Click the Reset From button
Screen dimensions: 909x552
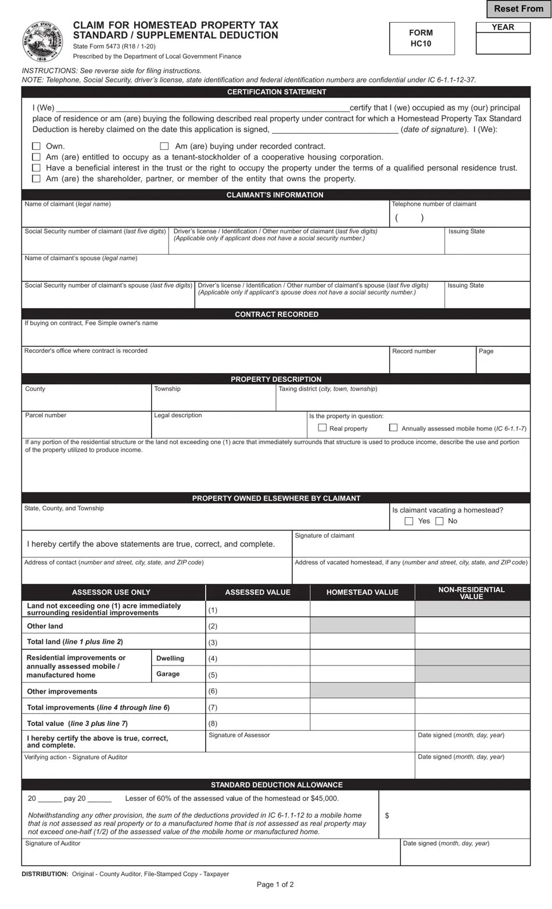pyautogui.click(x=518, y=9)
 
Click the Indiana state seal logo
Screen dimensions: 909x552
pyautogui.click(x=42, y=42)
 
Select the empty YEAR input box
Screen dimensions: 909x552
pyautogui.click(x=503, y=43)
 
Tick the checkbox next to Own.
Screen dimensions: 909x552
pyautogui.click(x=36, y=146)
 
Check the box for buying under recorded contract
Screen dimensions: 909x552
pyautogui.click(x=164, y=146)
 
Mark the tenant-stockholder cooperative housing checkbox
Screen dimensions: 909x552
pyautogui.click(x=36, y=157)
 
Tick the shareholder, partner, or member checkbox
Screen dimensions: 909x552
pyautogui.click(x=36, y=179)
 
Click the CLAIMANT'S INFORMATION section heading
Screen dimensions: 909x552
pyautogui.click(x=275, y=195)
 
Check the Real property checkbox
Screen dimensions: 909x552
pyautogui.click(x=322, y=428)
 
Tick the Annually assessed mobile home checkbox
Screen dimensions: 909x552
pyautogui.click(x=393, y=428)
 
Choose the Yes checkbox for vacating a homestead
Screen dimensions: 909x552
pyautogui.click(x=409, y=521)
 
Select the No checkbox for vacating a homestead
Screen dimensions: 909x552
pyautogui.click(x=439, y=521)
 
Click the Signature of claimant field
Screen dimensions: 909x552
pyautogui.click(x=411, y=547)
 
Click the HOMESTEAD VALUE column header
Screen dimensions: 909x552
pyautogui.click(x=362, y=592)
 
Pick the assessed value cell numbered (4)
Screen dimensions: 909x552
pyautogui.click(x=257, y=659)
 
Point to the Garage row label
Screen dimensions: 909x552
pyautogui.click(x=168, y=674)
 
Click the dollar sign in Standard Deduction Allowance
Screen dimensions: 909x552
pyautogui.click(x=387, y=816)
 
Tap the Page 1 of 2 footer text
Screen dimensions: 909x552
pyautogui.click(x=275, y=885)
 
